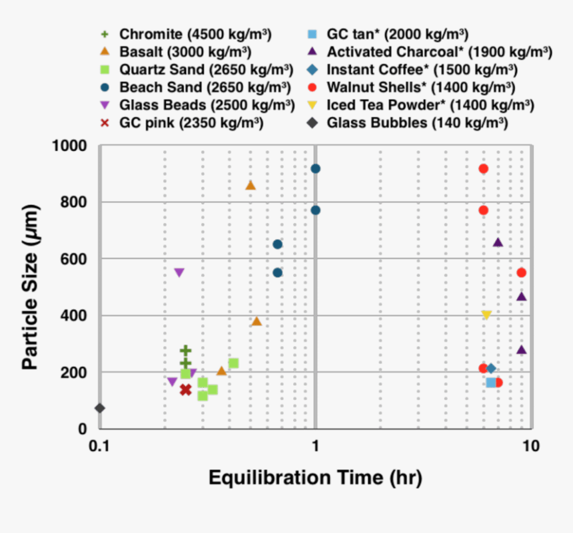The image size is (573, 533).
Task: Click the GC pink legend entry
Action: click(x=191, y=123)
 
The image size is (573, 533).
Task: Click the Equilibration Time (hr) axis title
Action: click(x=315, y=477)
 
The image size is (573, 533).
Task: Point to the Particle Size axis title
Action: click(x=29, y=287)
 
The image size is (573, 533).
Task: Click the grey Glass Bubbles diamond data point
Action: click(x=100, y=408)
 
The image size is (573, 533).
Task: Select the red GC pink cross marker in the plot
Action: click(x=185, y=389)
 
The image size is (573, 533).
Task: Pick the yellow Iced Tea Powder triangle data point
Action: click(x=486, y=315)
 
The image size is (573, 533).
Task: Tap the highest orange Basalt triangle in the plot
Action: click(x=251, y=185)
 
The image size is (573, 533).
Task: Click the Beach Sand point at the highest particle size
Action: click(x=315, y=168)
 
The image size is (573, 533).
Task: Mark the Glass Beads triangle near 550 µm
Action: click(x=179, y=273)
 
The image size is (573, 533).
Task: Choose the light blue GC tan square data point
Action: click(x=491, y=383)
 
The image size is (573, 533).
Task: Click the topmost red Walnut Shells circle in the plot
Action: click(x=483, y=168)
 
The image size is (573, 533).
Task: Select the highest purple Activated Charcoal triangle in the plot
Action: click(x=498, y=242)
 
